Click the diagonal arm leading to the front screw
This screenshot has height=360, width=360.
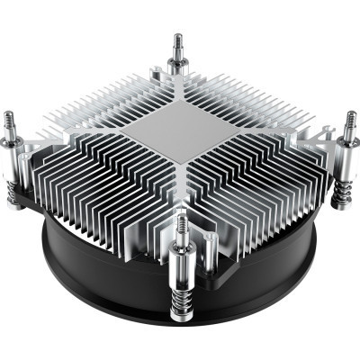tap(183, 193)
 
